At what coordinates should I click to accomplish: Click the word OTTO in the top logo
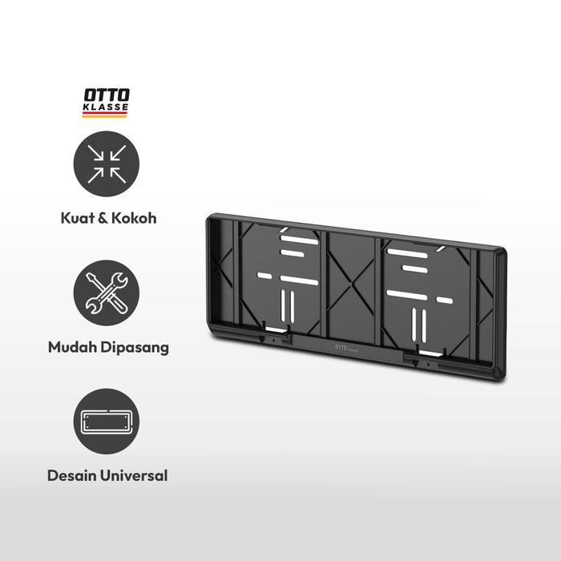coord(106,95)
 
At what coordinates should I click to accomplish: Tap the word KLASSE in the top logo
coord(106,107)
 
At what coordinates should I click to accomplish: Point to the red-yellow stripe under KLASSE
coord(106,115)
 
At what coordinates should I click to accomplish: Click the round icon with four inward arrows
coord(107,167)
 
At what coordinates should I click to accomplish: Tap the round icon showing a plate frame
coord(107,422)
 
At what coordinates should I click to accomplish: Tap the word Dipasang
coord(132,348)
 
